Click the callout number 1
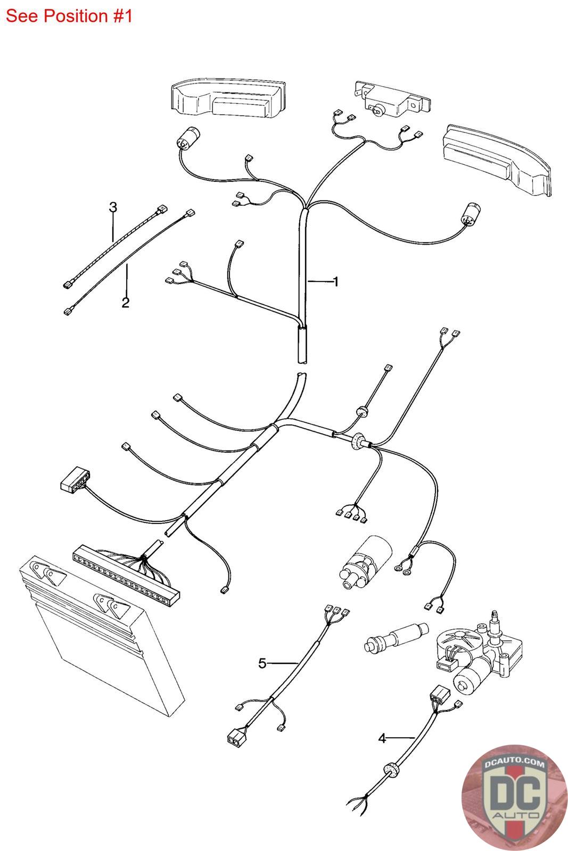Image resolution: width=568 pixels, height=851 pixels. click(x=335, y=281)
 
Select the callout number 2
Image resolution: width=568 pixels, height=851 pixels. click(x=126, y=303)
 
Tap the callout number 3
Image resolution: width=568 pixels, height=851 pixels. click(x=113, y=207)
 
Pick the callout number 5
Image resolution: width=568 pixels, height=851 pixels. click(x=262, y=663)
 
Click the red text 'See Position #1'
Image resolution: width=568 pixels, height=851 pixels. click(x=69, y=16)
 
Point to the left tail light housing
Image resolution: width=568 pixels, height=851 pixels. click(x=228, y=101)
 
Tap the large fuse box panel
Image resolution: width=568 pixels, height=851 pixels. click(x=101, y=644)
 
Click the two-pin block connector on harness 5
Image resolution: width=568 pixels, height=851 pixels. click(x=234, y=738)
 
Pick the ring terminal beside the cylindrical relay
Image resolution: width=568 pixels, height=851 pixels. click(x=399, y=570)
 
